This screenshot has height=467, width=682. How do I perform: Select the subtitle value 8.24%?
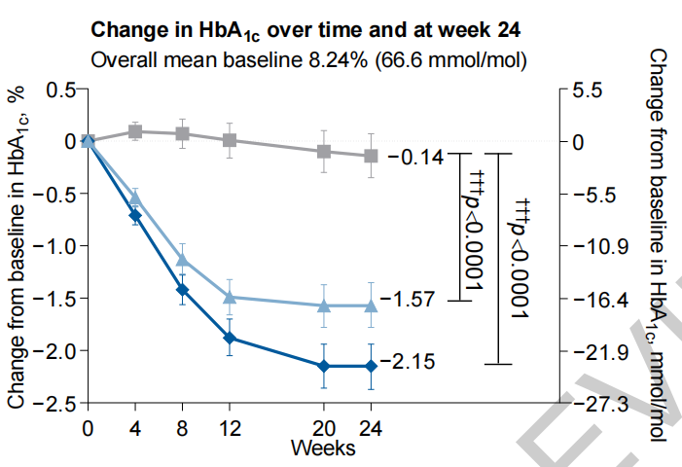(353, 60)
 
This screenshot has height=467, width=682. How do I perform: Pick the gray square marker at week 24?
(371, 156)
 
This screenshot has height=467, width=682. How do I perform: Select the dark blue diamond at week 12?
(230, 338)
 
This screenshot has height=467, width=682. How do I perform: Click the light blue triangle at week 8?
(182, 259)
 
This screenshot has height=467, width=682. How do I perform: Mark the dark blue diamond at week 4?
(135, 215)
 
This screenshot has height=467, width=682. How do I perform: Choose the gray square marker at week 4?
(135, 130)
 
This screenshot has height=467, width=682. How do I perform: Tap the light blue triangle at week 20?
(324, 305)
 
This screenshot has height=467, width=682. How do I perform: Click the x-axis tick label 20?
(324, 428)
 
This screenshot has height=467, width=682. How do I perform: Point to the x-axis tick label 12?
(230, 428)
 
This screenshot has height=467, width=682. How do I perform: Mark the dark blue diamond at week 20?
(324, 366)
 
